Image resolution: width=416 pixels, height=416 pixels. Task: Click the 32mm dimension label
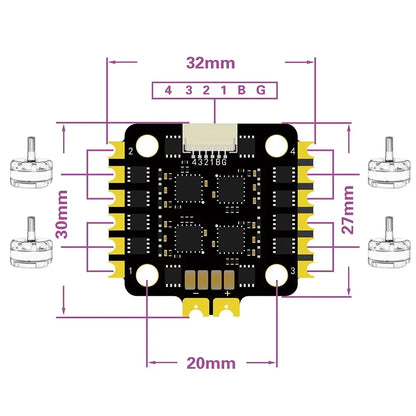point(208,63)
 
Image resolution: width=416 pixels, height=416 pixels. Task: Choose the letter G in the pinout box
point(260,91)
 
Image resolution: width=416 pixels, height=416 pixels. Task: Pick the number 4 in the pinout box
point(168,91)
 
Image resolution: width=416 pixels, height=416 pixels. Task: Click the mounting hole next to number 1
point(146,273)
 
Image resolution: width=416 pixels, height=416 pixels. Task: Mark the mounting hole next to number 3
point(270,273)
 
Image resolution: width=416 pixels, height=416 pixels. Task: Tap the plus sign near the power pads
point(228,293)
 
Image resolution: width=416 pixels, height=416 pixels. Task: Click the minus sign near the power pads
point(194,293)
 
